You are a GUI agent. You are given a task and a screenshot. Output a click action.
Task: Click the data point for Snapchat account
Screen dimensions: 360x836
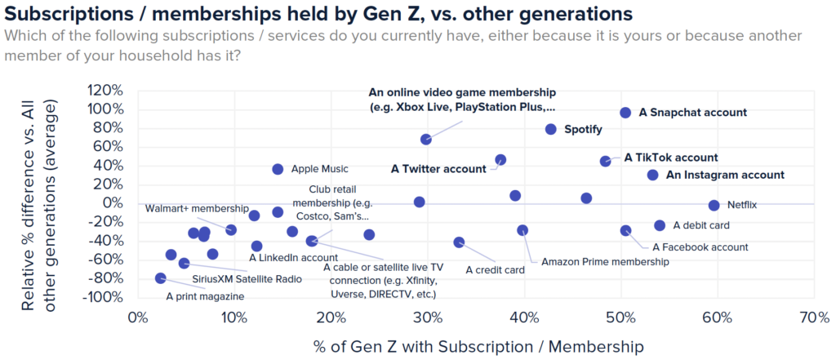click(625, 113)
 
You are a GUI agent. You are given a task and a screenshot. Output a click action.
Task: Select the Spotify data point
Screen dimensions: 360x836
click(551, 129)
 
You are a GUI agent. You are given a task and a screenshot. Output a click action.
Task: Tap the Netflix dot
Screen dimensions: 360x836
click(714, 206)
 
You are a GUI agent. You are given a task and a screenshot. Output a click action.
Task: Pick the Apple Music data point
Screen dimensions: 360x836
click(278, 169)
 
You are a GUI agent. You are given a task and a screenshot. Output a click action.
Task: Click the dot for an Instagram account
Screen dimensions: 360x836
click(652, 175)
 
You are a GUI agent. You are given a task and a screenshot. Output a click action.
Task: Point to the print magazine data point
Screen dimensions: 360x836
click(160, 278)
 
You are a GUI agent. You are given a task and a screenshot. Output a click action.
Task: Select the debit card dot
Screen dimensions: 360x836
click(660, 225)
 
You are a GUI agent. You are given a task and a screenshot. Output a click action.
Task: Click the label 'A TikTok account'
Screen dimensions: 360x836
click(671, 158)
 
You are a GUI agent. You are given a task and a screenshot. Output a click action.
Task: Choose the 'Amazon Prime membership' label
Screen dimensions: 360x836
click(605, 262)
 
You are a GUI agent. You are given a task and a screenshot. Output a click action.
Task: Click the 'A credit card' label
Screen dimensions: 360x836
click(495, 269)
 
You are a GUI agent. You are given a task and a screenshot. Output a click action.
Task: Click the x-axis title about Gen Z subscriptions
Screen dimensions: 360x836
click(478, 346)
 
